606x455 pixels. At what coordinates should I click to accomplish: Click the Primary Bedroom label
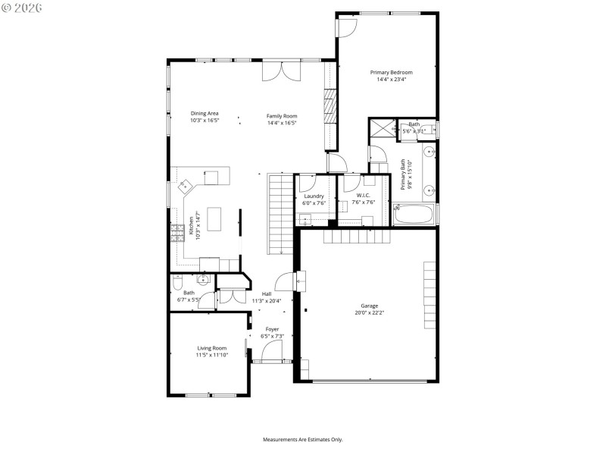(x=391, y=72)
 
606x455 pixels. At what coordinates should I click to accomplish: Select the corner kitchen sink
(x=184, y=184)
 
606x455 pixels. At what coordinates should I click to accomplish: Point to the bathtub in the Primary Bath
(x=413, y=214)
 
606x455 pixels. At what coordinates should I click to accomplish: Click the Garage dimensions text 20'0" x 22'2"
(x=370, y=312)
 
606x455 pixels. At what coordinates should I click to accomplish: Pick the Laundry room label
(x=314, y=196)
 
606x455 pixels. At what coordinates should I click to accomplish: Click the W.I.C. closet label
(x=364, y=196)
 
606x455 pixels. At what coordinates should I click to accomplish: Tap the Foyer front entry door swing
(x=271, y=350)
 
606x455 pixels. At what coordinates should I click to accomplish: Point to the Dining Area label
(x=205, y=114)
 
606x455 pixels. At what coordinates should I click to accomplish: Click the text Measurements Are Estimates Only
(x=303, y=439)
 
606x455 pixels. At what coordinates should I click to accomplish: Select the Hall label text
(x=267, y=294)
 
